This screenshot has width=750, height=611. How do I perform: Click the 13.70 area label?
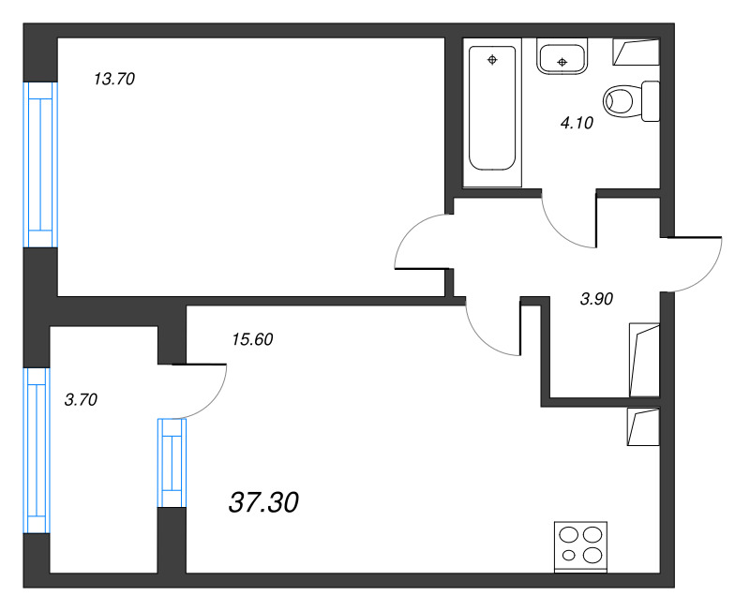(114, 79)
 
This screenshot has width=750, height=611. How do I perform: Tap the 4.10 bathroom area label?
(577, 123)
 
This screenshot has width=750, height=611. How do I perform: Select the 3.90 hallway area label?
(596, 299)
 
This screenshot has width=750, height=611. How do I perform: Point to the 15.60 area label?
(252, 339)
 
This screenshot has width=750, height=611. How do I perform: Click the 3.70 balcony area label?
(81, 399)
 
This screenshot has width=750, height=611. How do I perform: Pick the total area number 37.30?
(263, 502)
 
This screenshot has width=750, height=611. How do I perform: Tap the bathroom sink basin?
(562, 56)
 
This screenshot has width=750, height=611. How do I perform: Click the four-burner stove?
(580, 547)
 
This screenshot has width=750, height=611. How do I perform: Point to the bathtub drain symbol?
(492, 60)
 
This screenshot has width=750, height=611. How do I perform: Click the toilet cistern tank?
(651, 101)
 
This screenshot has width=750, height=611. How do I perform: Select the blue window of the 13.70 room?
(40, 165)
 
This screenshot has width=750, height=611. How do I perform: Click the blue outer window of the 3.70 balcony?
(37, 451)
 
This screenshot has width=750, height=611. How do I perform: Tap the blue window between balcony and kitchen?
(172, 463)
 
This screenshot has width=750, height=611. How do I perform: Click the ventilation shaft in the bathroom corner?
(637, 52)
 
